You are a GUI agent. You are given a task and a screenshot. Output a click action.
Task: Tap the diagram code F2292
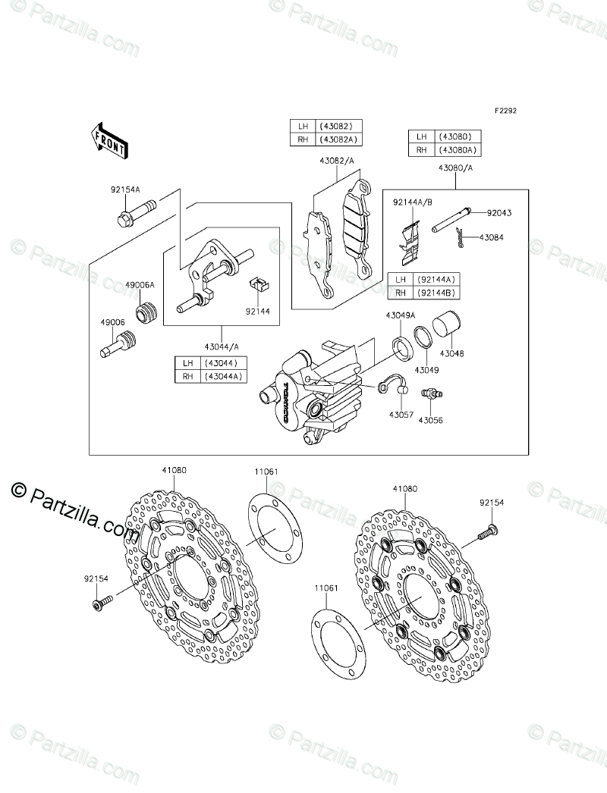(505, 110)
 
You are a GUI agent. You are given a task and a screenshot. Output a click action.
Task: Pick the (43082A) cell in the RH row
(338, 139)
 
